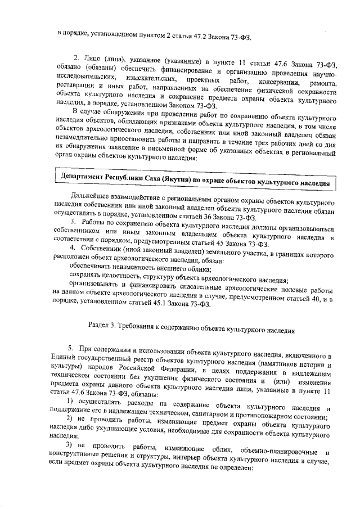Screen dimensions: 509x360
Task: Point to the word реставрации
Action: [76, 87]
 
